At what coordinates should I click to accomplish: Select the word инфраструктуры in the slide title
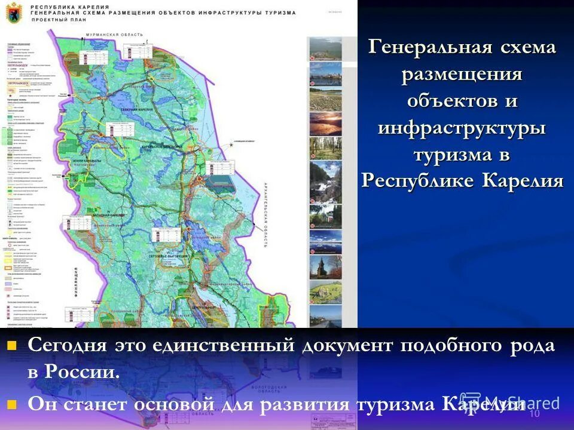click(462, 127)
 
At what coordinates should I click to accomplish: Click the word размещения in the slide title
click(462, 75)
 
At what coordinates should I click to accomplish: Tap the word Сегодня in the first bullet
click(66, 346)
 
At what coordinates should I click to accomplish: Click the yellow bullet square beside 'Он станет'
click(12, 404)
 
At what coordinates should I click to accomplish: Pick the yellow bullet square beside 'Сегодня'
click(12, 345)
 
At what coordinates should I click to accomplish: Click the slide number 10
click(535, 414)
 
